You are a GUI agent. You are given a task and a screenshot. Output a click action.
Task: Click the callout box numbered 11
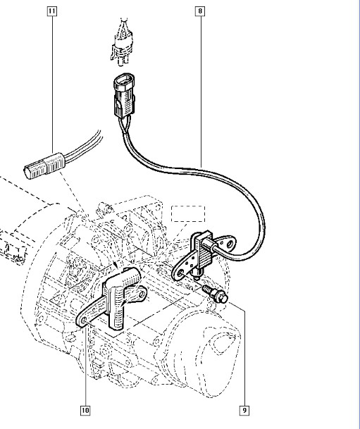(52, 11)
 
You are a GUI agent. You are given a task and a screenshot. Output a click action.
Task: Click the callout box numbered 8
(200, 11)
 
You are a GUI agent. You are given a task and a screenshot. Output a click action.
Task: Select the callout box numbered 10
(85, 410)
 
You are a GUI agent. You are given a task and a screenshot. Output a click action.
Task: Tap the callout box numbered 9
(244, 410)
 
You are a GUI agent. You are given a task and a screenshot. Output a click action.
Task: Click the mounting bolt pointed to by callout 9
(216, 294)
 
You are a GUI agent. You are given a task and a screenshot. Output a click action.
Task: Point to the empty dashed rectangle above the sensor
(188, 213)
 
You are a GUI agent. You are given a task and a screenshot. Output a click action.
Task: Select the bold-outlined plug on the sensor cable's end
(124, 95)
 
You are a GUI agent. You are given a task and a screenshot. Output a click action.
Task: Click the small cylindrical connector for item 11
(44, 166)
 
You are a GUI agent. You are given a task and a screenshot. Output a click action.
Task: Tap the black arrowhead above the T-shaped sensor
(116, 265)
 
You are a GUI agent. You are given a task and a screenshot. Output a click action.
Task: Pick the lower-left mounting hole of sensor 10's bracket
(84, 321)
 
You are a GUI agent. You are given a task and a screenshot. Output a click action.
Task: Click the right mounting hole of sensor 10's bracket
(142, 294)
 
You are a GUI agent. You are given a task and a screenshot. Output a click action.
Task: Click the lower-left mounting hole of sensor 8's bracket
(180, 273)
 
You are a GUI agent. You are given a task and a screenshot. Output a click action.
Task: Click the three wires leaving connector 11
(83, 146)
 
